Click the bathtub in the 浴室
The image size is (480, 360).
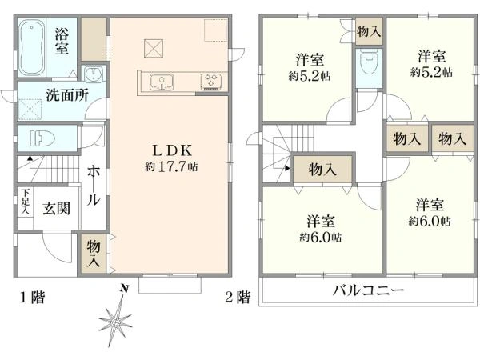pos(31,48)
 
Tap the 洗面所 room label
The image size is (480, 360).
pos(67,95)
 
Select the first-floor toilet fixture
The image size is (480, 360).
pos(42,138)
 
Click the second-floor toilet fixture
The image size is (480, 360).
pos(369,63)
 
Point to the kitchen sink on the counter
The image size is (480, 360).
pos(162,82)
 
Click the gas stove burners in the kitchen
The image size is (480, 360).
pos(211,82)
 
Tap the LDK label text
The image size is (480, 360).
pos(172,150)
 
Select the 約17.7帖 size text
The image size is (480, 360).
pos(171,166)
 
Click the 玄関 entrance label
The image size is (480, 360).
pos(57,209)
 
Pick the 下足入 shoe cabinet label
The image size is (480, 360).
pos(26,202)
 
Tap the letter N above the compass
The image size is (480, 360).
pos(124,288)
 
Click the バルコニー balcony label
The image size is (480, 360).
pos(368,290)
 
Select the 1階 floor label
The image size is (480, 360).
pos(33,297)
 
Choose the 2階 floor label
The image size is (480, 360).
pos(238,297)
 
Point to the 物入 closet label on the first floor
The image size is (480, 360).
pos(94,253)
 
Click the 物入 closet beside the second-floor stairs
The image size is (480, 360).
pos(322,170)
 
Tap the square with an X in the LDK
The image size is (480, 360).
pos(154,48)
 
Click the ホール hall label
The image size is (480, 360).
pos(94,186)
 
